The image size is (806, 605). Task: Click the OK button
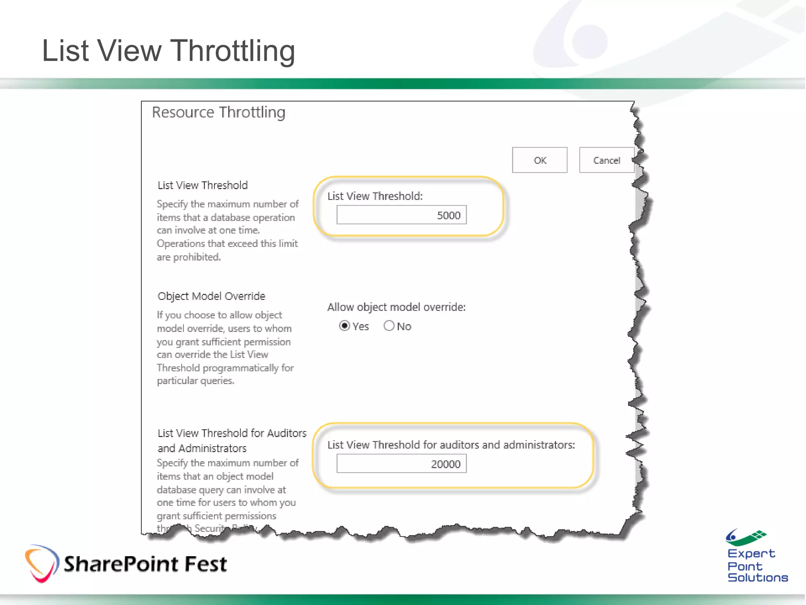coord(539,160)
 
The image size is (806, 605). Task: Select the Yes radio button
coord(344,326)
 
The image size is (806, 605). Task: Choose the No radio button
coord(389,326)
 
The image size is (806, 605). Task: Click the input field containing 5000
coord(401,215)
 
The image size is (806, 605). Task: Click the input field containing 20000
coord(401,464)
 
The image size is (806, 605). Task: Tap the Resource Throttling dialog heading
coord(218,113)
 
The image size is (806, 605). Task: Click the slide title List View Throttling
coord(168,51)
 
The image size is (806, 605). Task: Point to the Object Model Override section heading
coord(211,296)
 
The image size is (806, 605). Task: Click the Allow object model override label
coord(396,307)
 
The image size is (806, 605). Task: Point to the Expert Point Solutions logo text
coord(757,566)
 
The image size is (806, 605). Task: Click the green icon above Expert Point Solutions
coord(746,537)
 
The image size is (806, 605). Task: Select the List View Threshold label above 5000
coord(375,196)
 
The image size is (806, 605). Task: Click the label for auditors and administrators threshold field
coord(451,445)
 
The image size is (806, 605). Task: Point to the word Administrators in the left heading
coord(213,449)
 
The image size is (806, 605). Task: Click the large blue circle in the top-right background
coord(589,41)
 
